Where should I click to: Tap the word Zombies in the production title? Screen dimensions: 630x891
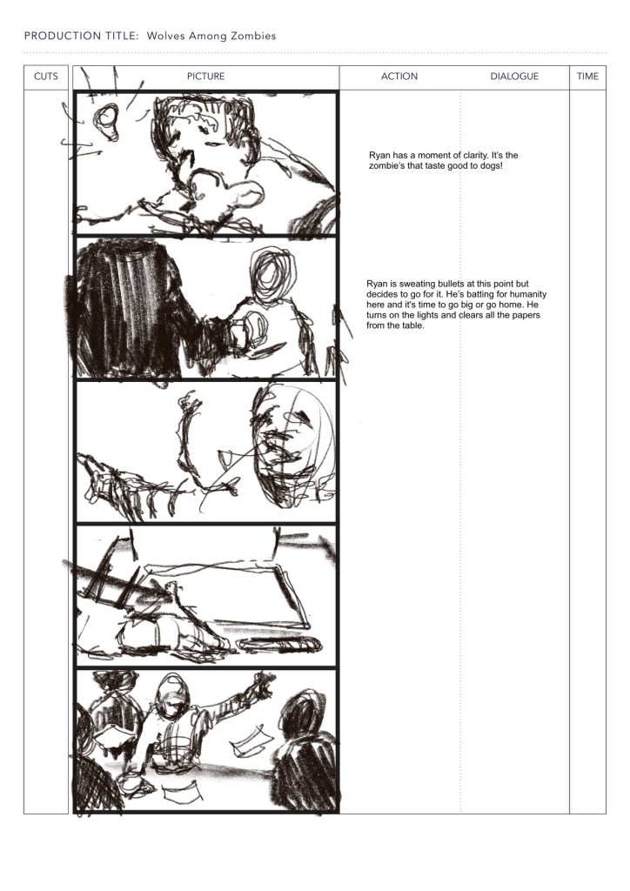tap(254, 36)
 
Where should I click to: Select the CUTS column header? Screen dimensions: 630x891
tap(46, 77)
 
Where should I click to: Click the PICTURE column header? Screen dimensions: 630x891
tap(205, 77)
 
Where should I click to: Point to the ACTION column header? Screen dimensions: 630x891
tap(399, 77)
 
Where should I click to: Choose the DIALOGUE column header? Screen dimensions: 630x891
tap(514, 77)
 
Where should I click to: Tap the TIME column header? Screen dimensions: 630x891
tap(588, 77)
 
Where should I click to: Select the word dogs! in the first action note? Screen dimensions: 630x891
tap(490, 166)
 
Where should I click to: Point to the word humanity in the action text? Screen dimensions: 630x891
tap(527, 294)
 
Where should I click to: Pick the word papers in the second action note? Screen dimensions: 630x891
tap(526, 315)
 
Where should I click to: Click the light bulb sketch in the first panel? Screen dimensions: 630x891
tap(106, 122)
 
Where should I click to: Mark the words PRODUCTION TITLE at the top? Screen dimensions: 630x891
tap(81, 36)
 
